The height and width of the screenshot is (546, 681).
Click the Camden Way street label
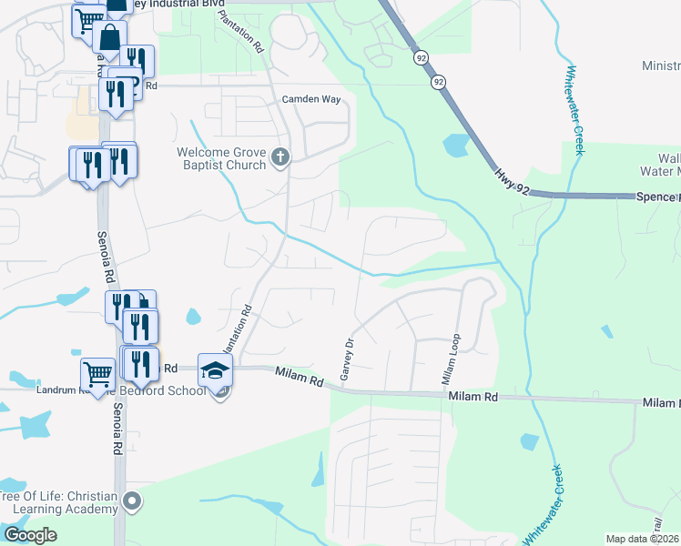315,99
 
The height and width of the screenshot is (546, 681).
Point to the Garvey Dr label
346,360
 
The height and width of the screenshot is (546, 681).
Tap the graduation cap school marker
216,369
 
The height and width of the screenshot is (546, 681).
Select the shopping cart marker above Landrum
97,371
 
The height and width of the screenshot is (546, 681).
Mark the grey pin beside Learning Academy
133,500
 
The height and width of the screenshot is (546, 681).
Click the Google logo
30,534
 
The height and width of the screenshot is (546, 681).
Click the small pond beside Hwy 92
454,145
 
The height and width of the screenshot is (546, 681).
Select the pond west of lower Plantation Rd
193,317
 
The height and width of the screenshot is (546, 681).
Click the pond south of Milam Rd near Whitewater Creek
529,442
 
